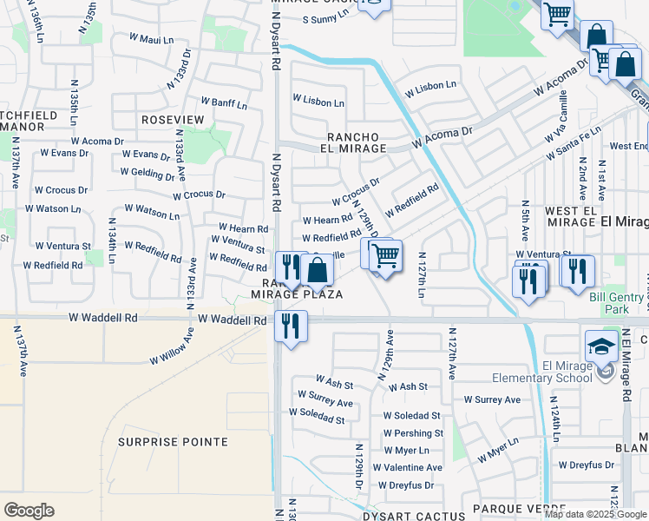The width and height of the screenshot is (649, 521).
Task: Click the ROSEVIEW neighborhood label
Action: [173, 119]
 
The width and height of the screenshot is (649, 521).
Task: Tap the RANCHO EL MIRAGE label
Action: [356, 142]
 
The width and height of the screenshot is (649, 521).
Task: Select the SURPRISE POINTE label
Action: [173, 442]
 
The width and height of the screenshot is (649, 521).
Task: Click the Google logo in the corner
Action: [29, 510]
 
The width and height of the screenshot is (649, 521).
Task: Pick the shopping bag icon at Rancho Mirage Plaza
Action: [318, 271]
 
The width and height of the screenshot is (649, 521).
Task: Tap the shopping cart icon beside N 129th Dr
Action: [385, 256]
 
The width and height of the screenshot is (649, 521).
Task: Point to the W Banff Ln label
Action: [224, 103]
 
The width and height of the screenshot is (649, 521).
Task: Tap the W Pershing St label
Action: [413, 433]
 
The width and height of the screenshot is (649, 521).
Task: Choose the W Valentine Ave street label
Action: [407, 467]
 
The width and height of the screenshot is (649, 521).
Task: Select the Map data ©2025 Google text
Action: [595, 514]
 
